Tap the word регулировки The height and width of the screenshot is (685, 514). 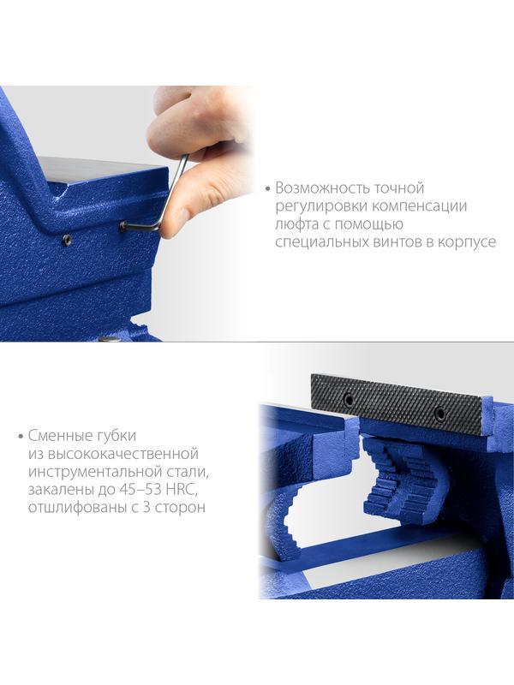coord(315,206)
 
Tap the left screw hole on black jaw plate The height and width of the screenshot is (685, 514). coord(349,399)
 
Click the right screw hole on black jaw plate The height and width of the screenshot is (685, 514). coord(439,414)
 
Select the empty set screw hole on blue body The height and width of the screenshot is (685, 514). coord(66,241)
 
